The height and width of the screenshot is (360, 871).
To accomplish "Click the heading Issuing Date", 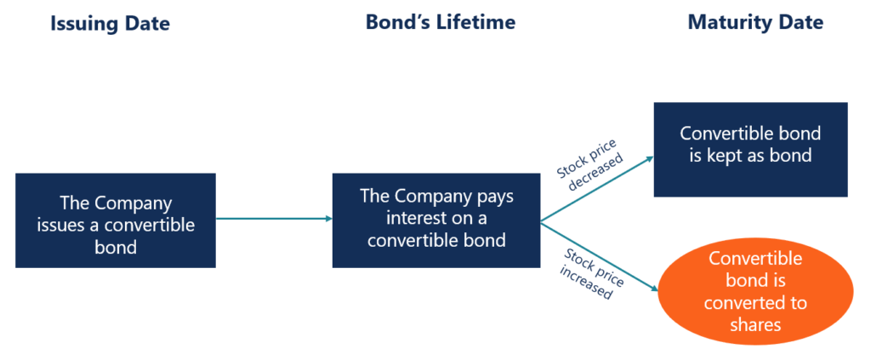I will click(x=111, y=23).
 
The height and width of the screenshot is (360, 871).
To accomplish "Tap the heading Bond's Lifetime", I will click(x=441, y=22).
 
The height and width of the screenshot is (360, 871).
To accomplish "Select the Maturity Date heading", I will click(x=755, y=22).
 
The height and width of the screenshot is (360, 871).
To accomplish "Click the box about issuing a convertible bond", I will click(x=116, y=220).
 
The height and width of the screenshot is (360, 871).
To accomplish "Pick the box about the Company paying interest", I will click(x=436, y=220).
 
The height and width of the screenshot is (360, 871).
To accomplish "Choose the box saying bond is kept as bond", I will click(x=750, y=149).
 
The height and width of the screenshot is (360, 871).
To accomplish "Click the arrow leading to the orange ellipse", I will click(x=600, y=256).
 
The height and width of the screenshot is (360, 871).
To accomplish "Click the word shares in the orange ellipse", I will click(x=755, y=324).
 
